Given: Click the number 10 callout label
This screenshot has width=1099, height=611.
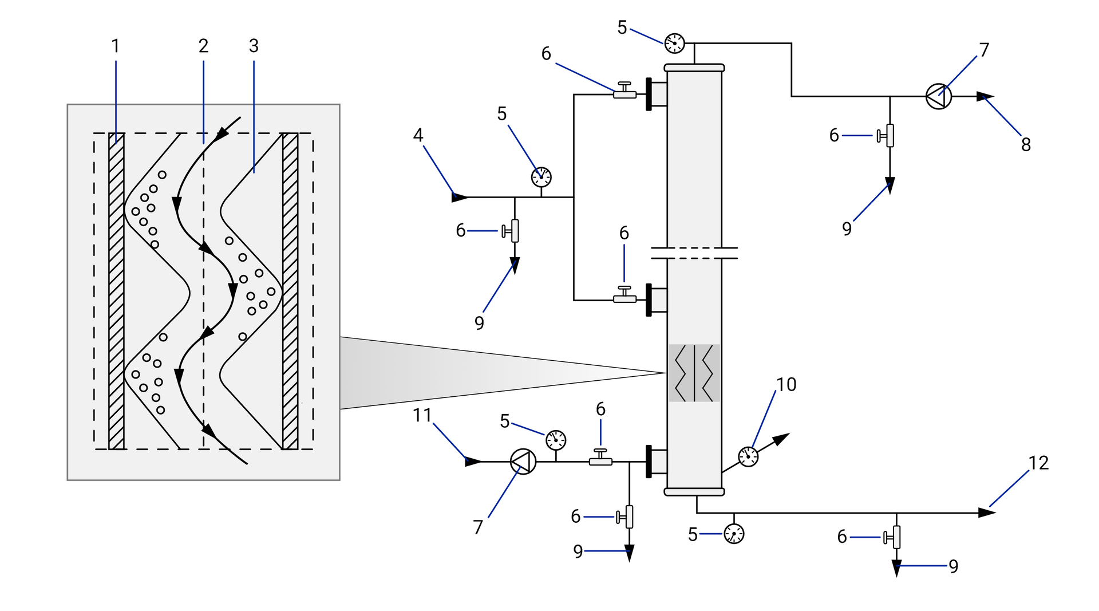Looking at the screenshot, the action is click(786, 384).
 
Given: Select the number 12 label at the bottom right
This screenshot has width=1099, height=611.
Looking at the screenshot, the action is click(1038, 463).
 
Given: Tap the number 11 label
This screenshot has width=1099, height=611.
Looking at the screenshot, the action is click(422, 415).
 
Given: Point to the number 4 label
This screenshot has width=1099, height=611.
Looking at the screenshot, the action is click(418, 135).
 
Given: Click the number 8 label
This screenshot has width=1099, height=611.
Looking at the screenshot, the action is click(1026, 144).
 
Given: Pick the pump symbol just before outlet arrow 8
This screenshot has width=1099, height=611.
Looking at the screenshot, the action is click(939, 96).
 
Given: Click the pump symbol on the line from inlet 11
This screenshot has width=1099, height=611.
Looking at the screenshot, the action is click(523, 461).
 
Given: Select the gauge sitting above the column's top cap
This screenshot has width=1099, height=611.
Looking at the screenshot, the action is click(674, 43).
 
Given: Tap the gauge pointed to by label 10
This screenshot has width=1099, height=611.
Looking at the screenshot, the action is click(748, 456).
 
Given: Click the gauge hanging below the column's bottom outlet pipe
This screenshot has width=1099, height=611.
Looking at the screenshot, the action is click(734, 534).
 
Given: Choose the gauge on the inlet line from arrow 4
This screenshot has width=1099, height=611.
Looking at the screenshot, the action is click(541, 177).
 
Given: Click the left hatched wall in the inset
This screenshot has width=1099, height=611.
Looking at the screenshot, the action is click(116, 291).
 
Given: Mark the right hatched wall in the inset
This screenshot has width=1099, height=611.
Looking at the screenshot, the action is click(290, 291).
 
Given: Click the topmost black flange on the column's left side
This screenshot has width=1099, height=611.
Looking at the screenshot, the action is click(649, 94).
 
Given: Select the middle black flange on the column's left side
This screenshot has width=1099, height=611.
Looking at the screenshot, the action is click(649, 299).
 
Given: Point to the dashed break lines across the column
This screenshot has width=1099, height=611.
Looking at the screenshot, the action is click(694, 253).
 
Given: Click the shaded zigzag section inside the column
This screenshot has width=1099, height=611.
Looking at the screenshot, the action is click(694, 373).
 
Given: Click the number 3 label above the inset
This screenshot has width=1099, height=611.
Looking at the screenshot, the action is click(254, 46).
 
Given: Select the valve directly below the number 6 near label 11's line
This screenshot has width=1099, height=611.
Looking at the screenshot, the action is click(600, 458).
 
